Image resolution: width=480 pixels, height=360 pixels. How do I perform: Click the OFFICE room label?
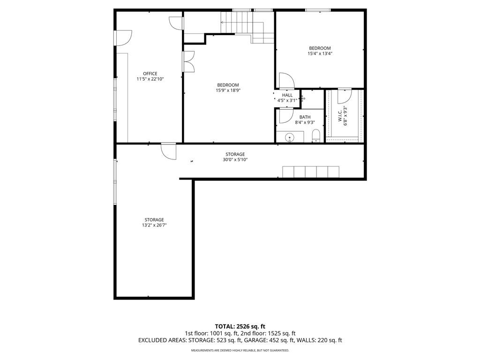click(150, 74)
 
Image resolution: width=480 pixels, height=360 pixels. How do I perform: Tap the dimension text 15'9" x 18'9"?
click(228, 90)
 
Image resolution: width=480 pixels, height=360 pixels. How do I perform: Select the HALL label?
click(287, 95)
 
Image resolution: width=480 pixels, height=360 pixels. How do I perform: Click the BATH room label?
click(305, 117)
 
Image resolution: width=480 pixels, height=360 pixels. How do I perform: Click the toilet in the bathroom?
click(316, 135)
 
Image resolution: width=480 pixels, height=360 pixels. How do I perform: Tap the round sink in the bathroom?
click(289, 138)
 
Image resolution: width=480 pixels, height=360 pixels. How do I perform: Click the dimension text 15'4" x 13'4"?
click(320, 53)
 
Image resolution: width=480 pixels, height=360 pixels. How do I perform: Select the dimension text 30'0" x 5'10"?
click(235, 159)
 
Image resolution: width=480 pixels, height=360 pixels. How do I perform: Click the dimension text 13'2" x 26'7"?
click(154, 225)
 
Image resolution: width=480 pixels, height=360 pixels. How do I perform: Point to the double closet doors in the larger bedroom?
click(189, 61)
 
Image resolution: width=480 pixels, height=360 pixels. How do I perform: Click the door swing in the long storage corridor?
click(169, 151)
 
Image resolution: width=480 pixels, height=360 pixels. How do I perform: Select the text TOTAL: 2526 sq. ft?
click(240, 326)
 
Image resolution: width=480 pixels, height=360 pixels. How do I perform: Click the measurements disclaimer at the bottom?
click(240, 350)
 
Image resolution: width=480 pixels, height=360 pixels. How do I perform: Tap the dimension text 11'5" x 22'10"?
click(150, 79)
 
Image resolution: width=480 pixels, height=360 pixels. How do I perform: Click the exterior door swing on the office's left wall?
click(123, 38)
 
